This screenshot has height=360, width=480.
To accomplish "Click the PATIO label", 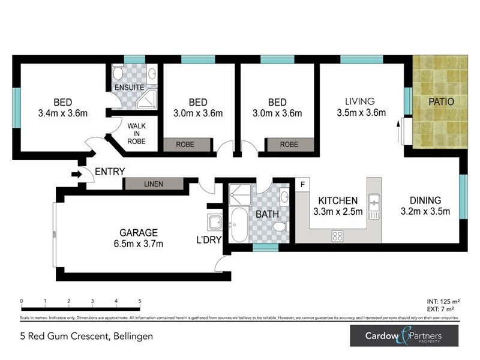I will tap(441, 102).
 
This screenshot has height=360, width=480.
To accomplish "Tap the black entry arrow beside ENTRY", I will tap(76, 175).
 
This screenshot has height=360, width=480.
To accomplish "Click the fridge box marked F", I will tap(303, 184).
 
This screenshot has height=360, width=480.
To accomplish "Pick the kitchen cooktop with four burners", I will tap(337, 236).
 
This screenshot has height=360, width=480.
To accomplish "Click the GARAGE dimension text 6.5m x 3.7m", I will tap(138, 244).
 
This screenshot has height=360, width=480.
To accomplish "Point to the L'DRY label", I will tap(210, 240).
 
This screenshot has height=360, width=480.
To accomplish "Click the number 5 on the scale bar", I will tap(140, 301).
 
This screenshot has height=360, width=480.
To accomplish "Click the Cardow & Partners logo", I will tap(404, 335).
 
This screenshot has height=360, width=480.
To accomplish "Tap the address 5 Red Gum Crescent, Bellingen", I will tap(86, 336).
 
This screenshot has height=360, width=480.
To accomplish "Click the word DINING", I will tap(425, 200).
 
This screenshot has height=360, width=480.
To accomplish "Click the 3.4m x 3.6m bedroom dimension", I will tap(63, 112).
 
